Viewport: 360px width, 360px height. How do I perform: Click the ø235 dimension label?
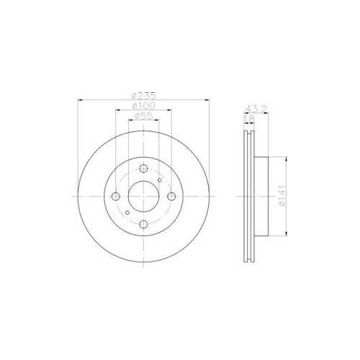click(143, 96)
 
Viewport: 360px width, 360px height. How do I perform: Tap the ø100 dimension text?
click(144, 106)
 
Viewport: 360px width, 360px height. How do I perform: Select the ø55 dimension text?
click(143, 116)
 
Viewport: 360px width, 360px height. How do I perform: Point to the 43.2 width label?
click(256, 109)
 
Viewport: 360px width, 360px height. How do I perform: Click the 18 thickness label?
click(248, 118)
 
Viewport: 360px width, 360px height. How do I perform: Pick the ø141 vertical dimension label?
click(283, 196)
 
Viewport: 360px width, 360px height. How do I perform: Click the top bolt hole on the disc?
click(143, 168)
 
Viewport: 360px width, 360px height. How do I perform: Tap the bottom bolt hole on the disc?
click(143, 225)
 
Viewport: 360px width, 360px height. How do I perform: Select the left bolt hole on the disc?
click(116, 197)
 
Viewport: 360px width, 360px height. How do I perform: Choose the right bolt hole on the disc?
click(171, 197)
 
